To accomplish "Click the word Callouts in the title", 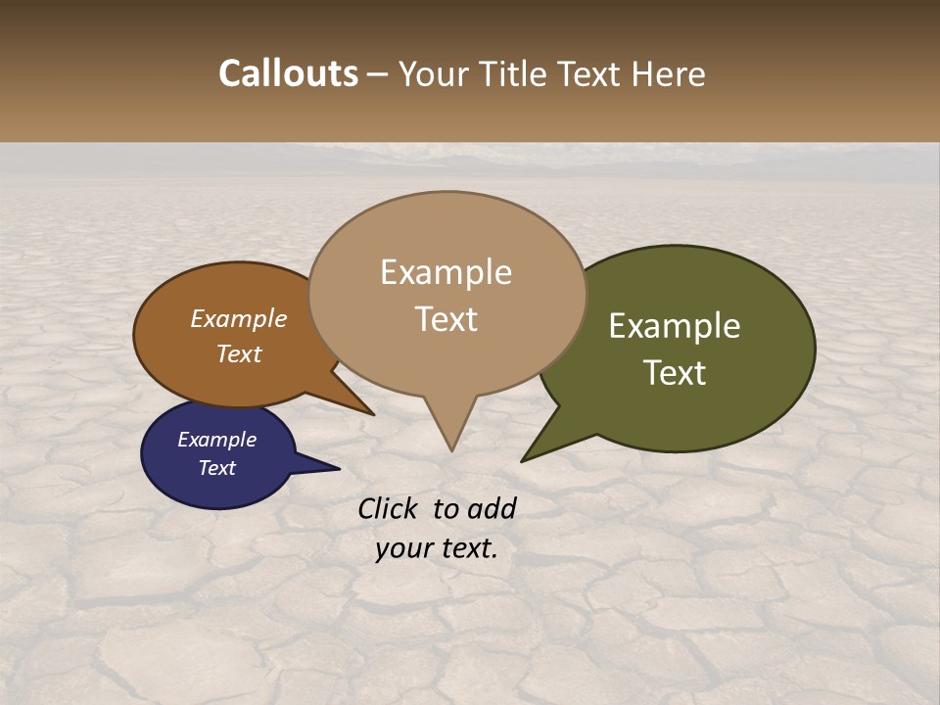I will tap(288, 73).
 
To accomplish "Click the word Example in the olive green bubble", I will tap(675, 326).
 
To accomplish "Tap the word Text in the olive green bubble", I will tap(675, 373).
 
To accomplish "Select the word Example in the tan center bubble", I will tap(446, 272).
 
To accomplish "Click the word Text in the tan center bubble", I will tap(446, 319).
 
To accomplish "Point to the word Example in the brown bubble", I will tap(238, 318).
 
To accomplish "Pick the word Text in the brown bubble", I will tap(238, 353).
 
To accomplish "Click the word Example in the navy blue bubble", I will tap(216, 440).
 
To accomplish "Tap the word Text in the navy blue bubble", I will tap(216, 468).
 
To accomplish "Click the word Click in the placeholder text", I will tap(389, 508).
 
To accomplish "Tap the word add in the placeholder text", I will tap(492, 508).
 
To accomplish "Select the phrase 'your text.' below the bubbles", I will tap(436, 548).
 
